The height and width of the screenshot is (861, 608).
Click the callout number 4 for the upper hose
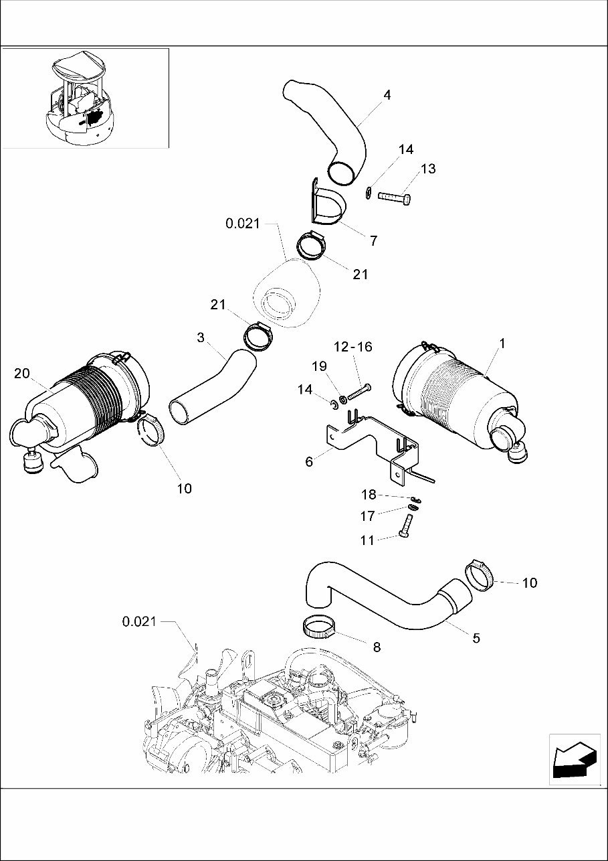coord(387,95)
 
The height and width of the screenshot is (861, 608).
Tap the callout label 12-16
coord(353,347)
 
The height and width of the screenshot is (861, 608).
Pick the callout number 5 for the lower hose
coord(476,638)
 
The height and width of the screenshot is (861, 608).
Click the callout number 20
coord(22,373)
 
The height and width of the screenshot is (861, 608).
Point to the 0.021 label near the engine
coord(139,622)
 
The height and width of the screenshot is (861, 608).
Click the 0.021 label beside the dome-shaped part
coord(242,224)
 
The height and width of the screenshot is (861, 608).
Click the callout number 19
coord(320,366)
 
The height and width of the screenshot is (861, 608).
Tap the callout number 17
coord(368,516)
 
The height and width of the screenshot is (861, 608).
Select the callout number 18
coord(369,495)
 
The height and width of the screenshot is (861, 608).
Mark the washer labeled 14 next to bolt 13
coord(369,194)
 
